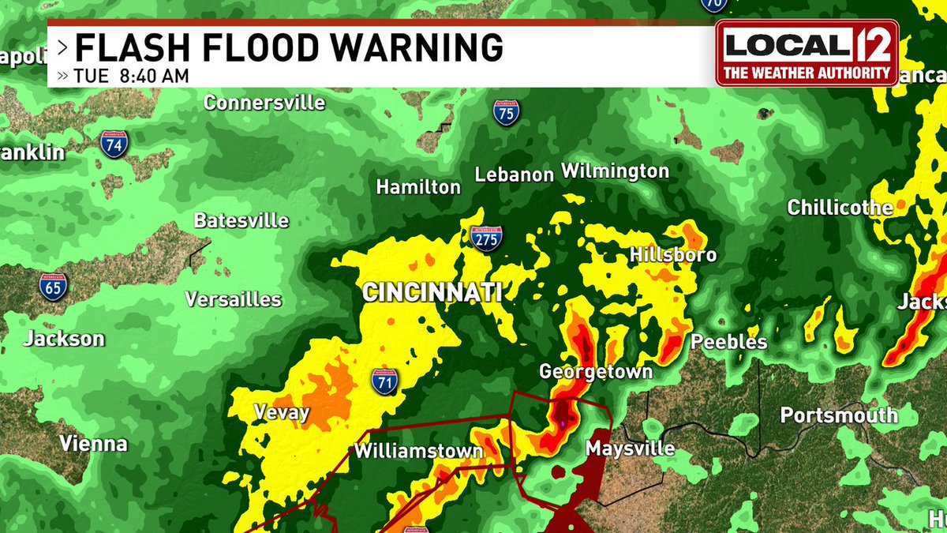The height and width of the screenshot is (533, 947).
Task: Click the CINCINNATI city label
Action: [x=432, y=292]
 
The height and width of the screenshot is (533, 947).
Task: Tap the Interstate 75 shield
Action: [x=506, y=112]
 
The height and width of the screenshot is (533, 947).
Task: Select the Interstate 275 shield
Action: [x=485, y=238]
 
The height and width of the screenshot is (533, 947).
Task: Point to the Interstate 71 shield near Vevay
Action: [x=384, y=381]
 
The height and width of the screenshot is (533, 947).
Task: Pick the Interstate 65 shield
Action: [x=53, y=285]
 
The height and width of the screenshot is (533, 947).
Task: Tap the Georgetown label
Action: [x=595, y=371]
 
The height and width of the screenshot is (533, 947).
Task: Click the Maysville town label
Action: [x=630, y=449]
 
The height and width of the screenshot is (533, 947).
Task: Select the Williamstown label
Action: [x=418, y=451]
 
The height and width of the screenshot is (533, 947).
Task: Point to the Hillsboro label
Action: [x=673, y=254]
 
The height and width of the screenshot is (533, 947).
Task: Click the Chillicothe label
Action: [x=840, y=208]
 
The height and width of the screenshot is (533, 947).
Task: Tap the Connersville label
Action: [x=264, y=103]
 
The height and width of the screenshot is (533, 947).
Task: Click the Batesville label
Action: [x=241, y=220]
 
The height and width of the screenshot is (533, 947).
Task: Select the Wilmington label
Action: [x=615, y=171]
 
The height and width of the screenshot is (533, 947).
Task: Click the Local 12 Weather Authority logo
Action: [x=807, y=52]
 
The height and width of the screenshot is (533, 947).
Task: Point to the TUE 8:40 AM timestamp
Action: [x=132, y=77]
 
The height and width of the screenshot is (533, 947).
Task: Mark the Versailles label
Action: [x=233, y=299]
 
